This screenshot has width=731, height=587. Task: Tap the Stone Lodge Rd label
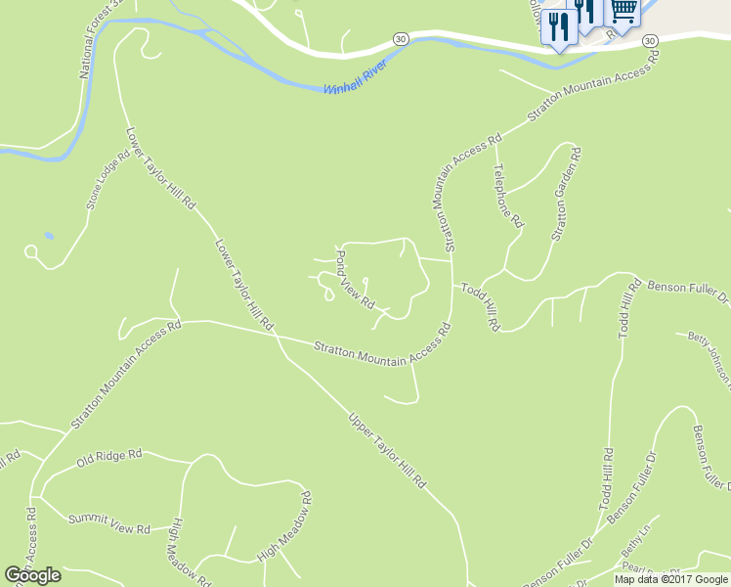click(107, 179)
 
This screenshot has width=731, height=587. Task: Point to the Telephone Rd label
click(508, 196)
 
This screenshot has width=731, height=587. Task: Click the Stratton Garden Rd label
click(567, 194)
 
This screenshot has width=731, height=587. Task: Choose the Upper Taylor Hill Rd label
click(388, 450)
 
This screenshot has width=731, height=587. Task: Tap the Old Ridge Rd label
click(109, 456)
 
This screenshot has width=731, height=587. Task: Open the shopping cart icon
click(624, 13)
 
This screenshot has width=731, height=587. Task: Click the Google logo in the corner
click(33, 575)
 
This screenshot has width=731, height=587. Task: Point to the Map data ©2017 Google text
click(671, 579)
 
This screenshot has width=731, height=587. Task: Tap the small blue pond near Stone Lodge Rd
click(49, 236)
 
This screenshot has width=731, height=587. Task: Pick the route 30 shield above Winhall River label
click(401, 38)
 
